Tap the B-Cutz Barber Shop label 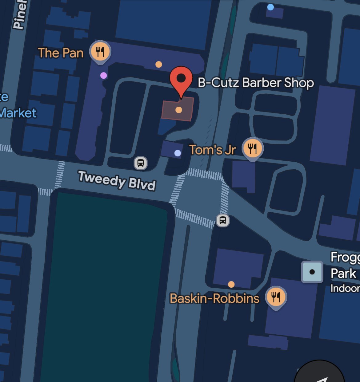tap(256, 83)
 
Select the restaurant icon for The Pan tap(100, 51)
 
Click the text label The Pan tap(61, 53)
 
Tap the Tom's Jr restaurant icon tap(252, 148)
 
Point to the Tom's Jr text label tap(213, 150)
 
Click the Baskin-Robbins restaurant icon tap(276, 297)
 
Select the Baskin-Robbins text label tap(214, 298)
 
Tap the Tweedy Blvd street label tap(117, 180)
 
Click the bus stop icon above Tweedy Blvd tap(141, 163)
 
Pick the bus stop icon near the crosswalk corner tap(223, 220)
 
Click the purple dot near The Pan tap(104, 75)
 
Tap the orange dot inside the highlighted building tap(178, 110)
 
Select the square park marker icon tap(312, 272)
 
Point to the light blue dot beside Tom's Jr tap(178, 153)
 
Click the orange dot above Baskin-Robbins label tap(231, 284)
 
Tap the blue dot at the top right tap(270, 7)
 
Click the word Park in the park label tap(343, 273)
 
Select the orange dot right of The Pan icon tap(159, 64)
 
